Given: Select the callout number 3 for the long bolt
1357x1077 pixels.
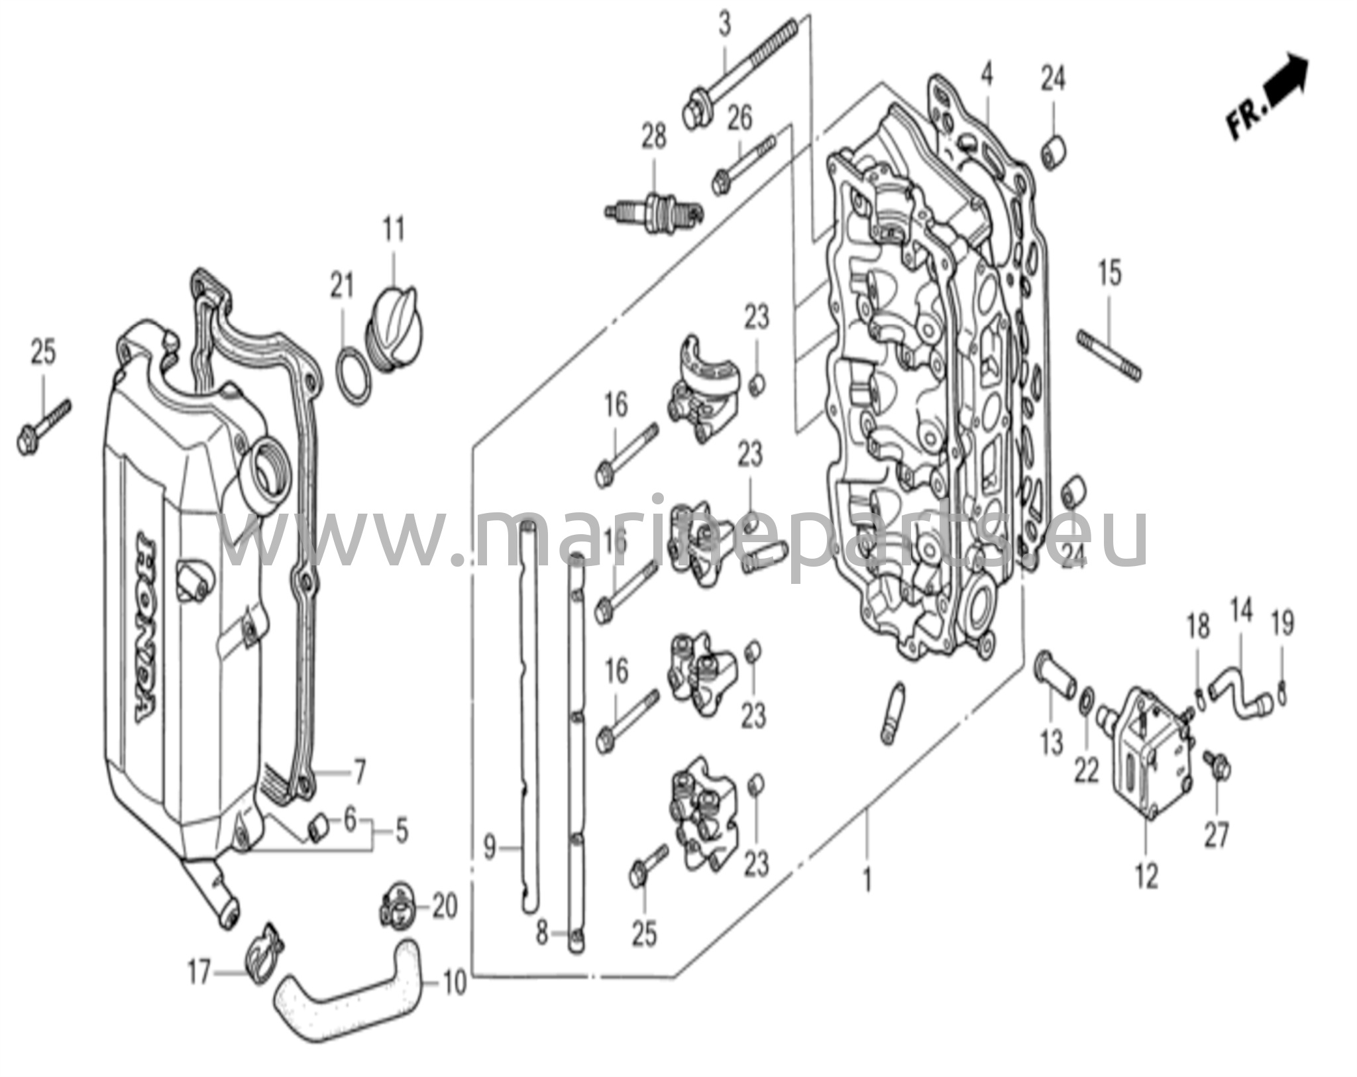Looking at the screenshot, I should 725,27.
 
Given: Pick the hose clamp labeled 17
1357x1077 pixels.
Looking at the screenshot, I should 264,959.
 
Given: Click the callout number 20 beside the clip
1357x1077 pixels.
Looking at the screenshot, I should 445,907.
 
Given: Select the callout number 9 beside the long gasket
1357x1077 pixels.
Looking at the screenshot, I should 489,847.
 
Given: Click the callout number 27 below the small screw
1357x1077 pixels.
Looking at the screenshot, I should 1217,835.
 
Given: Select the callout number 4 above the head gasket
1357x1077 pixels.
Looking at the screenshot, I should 987,76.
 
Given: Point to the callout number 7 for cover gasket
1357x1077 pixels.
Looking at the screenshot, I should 358,773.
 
